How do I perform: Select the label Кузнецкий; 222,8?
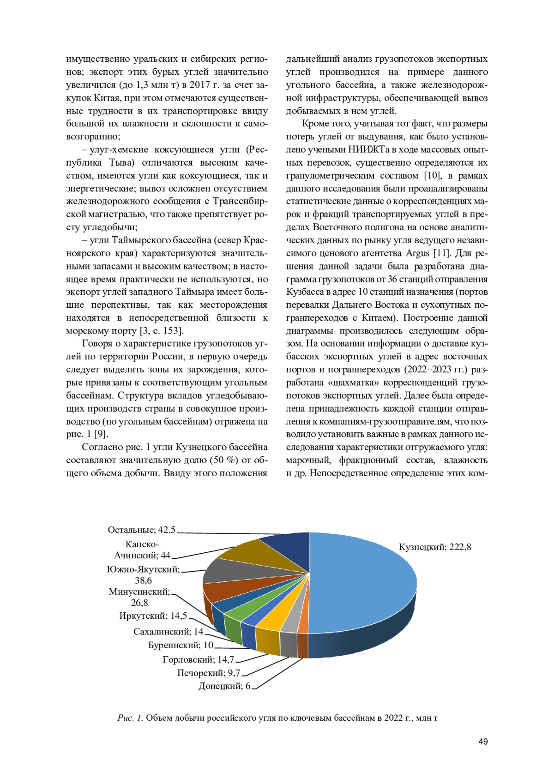pos(434,547)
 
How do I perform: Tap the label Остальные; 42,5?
pos(141,530)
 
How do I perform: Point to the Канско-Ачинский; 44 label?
pos(142,550)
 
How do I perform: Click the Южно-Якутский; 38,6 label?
pos(143,575)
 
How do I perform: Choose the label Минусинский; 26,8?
pos(139,597)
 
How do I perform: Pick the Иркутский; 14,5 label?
pos(153,616)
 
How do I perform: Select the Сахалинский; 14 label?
pos(168,632)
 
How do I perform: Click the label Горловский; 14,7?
pos(198,659)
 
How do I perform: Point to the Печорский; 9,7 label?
pos(208,673)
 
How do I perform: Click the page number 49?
pos(483,742)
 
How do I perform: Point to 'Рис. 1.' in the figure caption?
pos(130,718)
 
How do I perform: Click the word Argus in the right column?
pos(417,253)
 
